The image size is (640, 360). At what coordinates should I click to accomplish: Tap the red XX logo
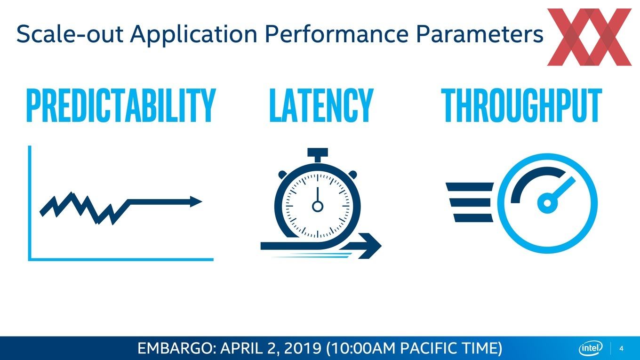(x=589, y=37)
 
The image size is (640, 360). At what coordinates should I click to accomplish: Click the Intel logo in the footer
(x=591, y=348)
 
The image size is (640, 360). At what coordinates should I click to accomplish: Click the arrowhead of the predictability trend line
(x=196, y=202)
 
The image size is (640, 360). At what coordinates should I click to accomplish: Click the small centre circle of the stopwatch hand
(x=318, y=206)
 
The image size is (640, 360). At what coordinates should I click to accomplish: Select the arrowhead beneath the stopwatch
(x=370, y=246)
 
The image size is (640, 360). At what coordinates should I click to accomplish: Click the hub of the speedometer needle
(x=547, y=203)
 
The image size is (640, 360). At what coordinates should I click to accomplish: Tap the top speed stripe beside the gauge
(x=470, y=187)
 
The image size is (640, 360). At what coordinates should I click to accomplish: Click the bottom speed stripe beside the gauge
(x=473, y=218)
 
